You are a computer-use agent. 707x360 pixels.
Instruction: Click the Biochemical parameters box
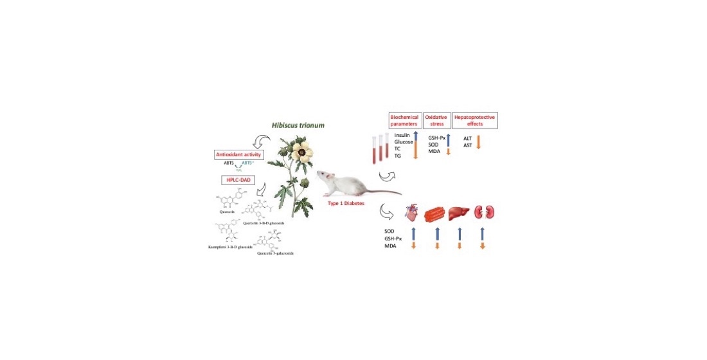click(x=404, y=120)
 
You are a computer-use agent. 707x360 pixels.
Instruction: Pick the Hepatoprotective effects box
click(x=475, y=120)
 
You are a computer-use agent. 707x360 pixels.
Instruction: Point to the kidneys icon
click(x=484, y=212)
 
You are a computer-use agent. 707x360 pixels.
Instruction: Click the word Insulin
click(x=402, y=136)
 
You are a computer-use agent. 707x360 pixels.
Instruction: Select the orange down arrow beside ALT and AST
click(x=478, y=142)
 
